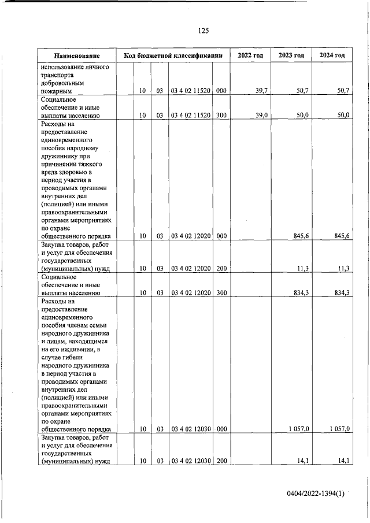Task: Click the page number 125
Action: point(203,31)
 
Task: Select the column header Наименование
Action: point(77,55)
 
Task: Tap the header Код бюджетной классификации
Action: point(173,55)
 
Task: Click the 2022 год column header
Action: point(250,55)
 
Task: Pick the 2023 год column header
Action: point(291,55)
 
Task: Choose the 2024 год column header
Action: point(332,55)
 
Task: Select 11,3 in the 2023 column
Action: point(302,268)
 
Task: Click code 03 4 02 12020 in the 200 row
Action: point(191,268)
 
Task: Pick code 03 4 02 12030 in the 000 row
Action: point(191,429)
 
